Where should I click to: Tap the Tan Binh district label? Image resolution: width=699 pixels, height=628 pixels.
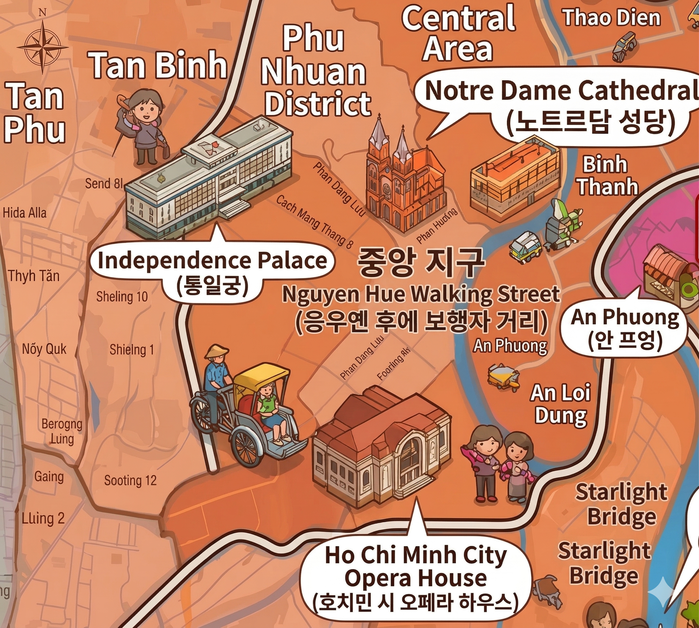point(158,65)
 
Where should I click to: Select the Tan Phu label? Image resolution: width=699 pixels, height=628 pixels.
point(34,113)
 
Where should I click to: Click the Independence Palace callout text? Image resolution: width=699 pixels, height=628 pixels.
point(212,260)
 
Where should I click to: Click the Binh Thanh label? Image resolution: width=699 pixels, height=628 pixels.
point(607,176)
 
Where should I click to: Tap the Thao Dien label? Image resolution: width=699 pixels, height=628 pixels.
point(612,18)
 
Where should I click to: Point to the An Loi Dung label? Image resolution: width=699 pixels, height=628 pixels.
point(560,404)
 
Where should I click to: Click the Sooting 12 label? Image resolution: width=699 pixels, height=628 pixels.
point(130,481)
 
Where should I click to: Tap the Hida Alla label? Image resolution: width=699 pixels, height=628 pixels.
point(24,213)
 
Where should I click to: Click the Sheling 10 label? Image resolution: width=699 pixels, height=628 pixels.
point(122,296)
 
